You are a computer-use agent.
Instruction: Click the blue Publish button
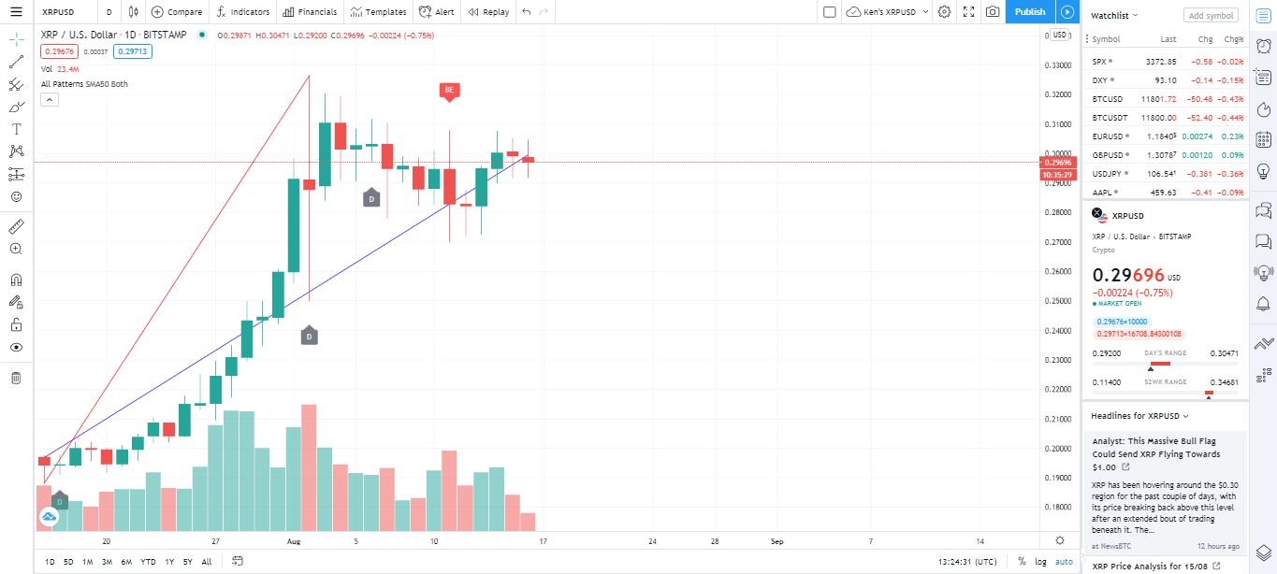pyautogui.click(x=1030, y=12)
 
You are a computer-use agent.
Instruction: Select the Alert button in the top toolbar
pyautogui.click(x=437, y=12)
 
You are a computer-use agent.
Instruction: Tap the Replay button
pyautogui.click(x=488, y=12)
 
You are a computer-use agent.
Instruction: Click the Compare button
pyautogui.click(x=177, y=12)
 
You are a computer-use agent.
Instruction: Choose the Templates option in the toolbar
pyautogui.click(x=379, y=12)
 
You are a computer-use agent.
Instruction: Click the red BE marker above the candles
pyautogui.click(x=449, y=91)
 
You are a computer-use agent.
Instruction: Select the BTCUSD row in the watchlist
pyautogui.click(x=1166, y=99)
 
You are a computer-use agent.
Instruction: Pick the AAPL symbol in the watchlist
pyautogui.click(x=1102, y=193)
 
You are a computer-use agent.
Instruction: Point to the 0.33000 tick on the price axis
pyautogui.click(x=1057, y=65)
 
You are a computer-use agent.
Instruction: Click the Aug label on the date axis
pyautogui.click(x=294, y=541)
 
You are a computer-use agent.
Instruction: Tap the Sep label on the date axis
pyautogui.click(x=777, y=541)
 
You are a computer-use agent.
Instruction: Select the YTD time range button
pyautogui.click(x=148, y=562)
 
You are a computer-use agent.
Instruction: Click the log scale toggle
pyautogui.click(x=1041, y=562)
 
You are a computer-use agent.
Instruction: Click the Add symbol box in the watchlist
pyautogui.click(x=1211, y=15)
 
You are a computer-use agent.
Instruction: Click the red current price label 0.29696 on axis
pyautogui.click(x=1059, y=163)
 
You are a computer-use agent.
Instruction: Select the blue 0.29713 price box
pyautogui.click(x=132, y=51)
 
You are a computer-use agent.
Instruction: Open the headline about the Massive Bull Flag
pyautogui.click(x=1156, y=453)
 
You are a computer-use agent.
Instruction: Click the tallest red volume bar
pyautogui.click(x=309, y=467)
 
